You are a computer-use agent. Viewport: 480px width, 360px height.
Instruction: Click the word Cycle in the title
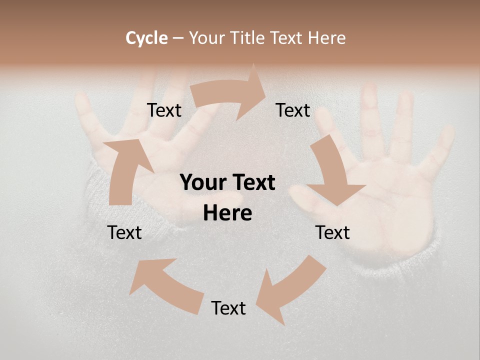pos(146,38)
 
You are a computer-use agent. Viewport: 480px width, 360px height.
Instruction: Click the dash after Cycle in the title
pos(178,38)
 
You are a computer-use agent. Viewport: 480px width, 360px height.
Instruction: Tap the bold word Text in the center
pos(253,183)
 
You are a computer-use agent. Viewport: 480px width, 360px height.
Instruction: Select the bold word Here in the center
pos(227,213)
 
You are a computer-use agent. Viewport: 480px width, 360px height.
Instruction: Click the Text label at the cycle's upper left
pos(164,110)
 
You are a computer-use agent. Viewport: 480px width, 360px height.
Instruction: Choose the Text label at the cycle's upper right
pos(293,110)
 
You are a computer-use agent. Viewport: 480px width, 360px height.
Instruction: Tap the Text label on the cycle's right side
pos(332,232)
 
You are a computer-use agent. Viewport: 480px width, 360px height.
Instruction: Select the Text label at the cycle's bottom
pos(228,308)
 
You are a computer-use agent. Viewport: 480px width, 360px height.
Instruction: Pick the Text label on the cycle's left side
pos(124,232)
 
